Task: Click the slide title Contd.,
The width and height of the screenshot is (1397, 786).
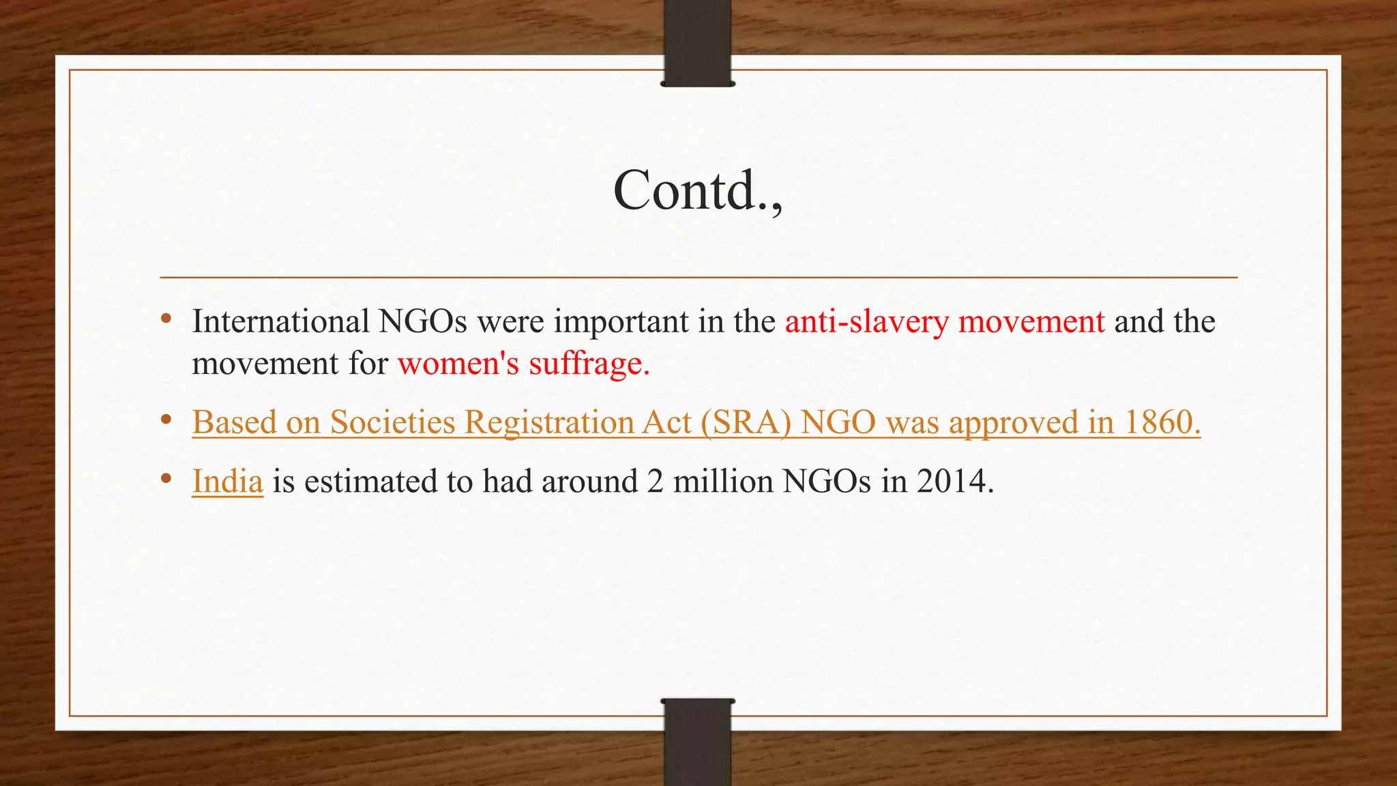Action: coord(698,190)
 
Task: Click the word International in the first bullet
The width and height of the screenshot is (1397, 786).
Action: coord(280,321)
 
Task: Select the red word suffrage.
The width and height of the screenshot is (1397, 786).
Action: coord(589,363)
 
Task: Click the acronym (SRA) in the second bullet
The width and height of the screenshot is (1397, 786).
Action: coord(746,422)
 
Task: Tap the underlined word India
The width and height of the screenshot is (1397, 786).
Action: coord(227,482)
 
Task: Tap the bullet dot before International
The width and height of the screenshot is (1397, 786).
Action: coord(166,319)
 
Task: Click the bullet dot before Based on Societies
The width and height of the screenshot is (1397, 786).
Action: coord(166,420)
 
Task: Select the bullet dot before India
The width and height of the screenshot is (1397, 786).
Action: coord(166,479)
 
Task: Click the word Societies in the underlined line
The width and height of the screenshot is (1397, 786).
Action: coord(392,422)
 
